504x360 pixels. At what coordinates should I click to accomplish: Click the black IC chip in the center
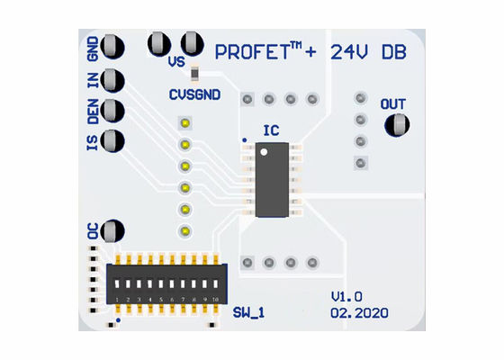272,181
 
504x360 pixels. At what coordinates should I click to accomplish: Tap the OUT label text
392,104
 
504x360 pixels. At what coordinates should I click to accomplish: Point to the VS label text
177,63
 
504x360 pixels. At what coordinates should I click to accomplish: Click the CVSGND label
193,94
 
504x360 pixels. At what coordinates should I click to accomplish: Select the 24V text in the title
349,52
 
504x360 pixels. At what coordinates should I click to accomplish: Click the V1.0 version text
346,296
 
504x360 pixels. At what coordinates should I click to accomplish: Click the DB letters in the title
393,52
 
